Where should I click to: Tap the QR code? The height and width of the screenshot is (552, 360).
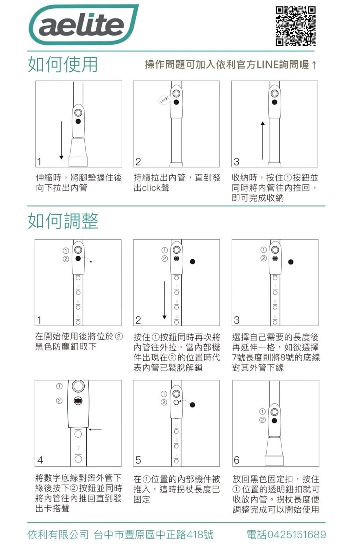point(296,26)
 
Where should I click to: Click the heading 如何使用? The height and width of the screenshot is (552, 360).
point(63,64)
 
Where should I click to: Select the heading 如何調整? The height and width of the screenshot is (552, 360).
point(63,221)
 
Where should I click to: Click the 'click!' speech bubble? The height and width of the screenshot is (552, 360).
point(164,100)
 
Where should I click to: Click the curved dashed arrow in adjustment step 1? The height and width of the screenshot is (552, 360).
point(87,260)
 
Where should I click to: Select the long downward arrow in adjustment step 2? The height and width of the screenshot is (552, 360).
point(164,300)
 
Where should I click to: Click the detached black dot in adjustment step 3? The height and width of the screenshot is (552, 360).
point(291,262)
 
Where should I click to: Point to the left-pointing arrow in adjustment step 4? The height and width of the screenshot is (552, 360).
point(95,430)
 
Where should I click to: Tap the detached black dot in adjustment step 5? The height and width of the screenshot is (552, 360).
point(192,405)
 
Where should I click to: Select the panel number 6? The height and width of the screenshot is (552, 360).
point(237,460)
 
